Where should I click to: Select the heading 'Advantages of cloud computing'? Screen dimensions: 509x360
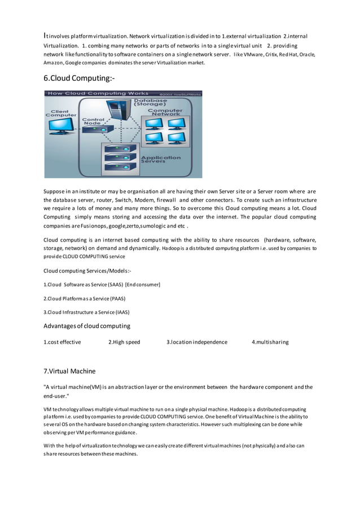pos(87,326)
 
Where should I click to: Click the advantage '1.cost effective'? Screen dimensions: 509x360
pos(62,342)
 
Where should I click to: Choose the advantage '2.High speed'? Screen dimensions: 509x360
pos(124,342)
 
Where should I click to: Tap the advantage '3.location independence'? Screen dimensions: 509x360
pos(197,342)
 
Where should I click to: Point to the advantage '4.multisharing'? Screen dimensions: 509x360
pos(270,342)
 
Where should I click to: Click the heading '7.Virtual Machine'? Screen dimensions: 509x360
pos(69,371)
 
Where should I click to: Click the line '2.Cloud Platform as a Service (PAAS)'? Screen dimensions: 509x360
pos(84,298)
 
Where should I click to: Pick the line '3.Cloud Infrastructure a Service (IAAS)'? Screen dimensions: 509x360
pos(86,311)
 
